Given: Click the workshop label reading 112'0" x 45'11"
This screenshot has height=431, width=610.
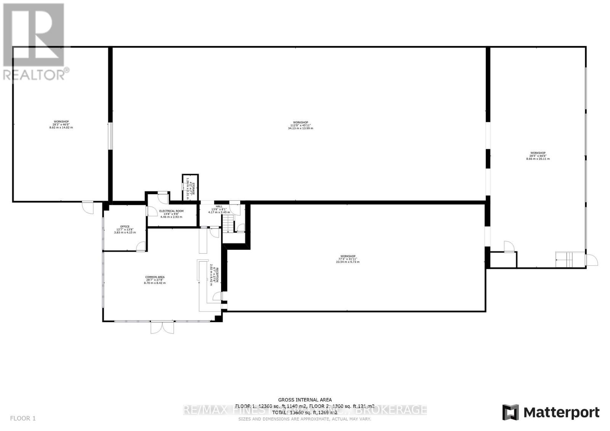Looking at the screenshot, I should click(300, 125).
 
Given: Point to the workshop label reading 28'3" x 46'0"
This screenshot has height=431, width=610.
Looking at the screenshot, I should click(61, 125).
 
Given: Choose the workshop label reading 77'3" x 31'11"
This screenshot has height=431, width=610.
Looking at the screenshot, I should click(347, 259).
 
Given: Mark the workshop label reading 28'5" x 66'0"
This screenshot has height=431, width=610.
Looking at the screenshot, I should click(538, 156).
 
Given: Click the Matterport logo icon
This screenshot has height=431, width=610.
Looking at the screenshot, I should click(510, 412).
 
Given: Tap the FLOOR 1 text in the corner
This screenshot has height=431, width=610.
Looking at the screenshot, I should click(23, 418).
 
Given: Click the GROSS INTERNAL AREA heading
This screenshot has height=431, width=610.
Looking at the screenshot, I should click(305, 400).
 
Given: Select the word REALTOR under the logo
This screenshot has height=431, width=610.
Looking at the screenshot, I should click(34, 75).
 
